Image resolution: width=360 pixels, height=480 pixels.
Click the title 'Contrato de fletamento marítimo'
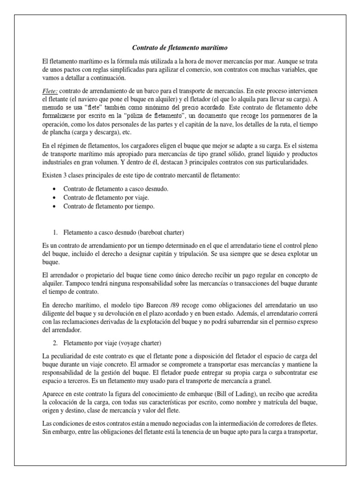pos(180,48)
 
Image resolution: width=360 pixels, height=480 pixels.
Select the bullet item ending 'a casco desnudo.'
pos(115,188)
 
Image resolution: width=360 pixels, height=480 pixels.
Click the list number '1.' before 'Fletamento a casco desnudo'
pos(55,232)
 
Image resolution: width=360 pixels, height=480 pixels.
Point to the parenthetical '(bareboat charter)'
pos(162,232)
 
